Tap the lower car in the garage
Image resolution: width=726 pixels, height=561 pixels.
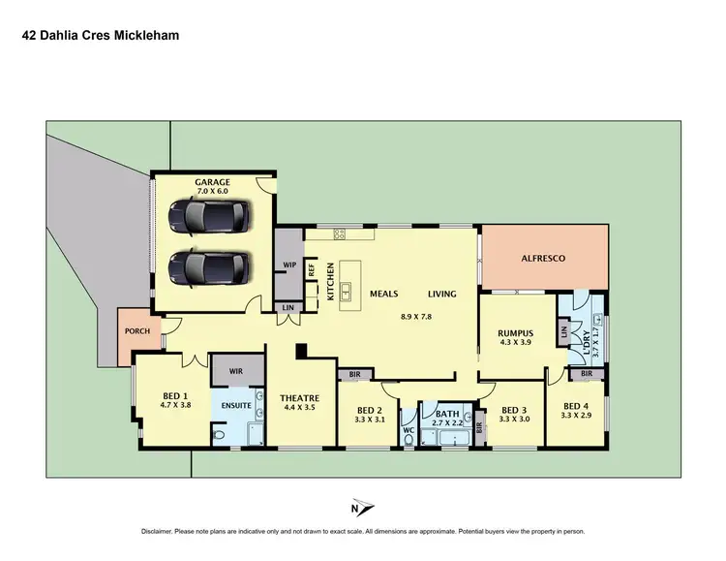(x=209, y=266)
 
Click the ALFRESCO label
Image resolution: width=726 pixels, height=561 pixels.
(x=544, y=259)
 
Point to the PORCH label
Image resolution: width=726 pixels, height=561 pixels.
(x=136, y=330)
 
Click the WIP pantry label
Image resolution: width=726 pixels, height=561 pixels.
(x=288, y=265)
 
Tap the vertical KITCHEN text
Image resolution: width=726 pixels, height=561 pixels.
(x=330, y=281)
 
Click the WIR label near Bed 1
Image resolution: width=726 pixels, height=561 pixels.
(x=237, y=371)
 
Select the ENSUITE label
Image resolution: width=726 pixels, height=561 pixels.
(x=237, y=406)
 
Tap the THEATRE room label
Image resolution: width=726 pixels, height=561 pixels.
(x=299, y=398)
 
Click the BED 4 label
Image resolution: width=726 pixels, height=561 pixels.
(x=575, y=406)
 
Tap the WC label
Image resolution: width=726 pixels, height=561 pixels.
(x=408, y=429)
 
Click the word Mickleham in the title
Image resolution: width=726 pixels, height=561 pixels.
(x=144, y=36)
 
